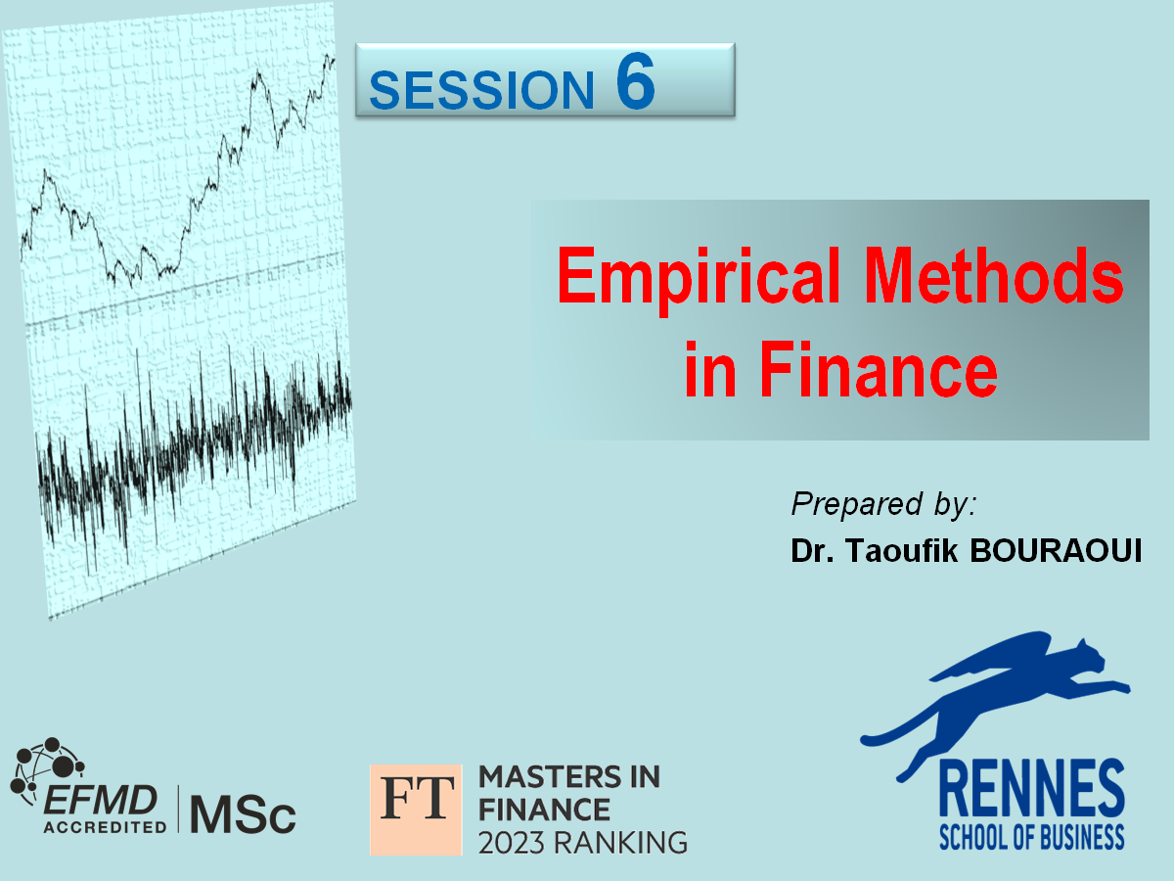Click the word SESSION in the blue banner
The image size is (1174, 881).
point(481,90)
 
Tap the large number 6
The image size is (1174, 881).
point(635,80)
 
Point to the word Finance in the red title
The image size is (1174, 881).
point(879,369)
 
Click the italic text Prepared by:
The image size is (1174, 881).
point(883,504)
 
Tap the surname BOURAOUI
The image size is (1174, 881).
point(1056,550)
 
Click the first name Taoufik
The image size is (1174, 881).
point(901,550)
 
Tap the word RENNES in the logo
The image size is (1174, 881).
point(1032,794)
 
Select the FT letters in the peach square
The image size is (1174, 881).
point(416,798)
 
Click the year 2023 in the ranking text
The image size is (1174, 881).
point(513,843)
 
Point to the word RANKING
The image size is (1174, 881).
point(620,843)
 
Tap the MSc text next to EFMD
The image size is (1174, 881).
point(243,814)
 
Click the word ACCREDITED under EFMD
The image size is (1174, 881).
point(105,827)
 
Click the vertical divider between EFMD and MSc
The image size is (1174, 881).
point(178,809)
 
